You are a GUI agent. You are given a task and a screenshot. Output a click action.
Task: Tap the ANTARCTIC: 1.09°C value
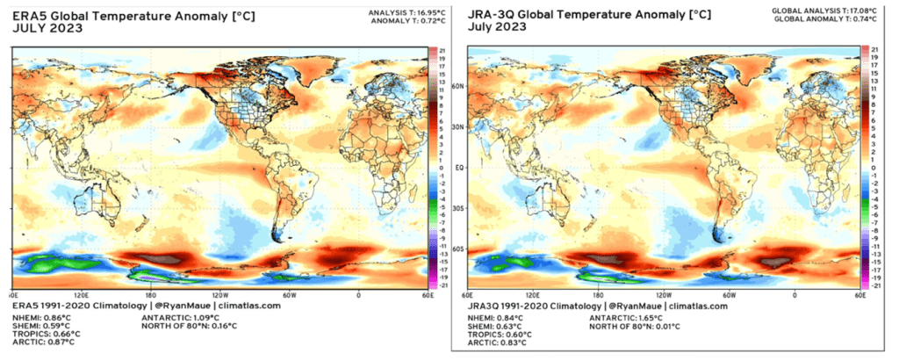(x=181, y=315)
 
